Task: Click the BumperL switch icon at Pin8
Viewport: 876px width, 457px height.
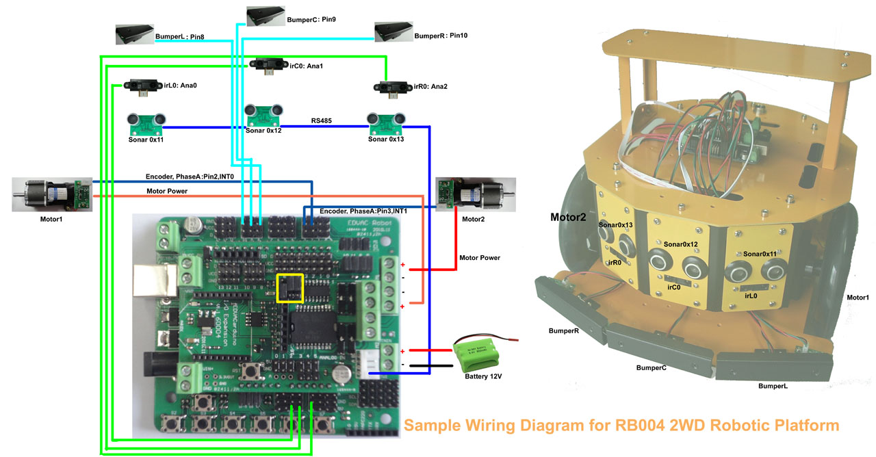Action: [x=134, y=34]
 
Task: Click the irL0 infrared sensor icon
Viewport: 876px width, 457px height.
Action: [x=142, y=86]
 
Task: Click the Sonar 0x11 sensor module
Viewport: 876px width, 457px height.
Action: [x=146, y=123]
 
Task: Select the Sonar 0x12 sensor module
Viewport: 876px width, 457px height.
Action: [x=263, y=114]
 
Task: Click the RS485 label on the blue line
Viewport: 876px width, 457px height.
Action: [x=322, y=121]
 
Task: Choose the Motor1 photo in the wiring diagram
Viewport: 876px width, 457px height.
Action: [x=52, y=194]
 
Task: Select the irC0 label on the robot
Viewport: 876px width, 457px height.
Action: [x=673, y=288]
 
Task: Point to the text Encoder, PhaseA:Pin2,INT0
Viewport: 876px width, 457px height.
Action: [x=190, y=177]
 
